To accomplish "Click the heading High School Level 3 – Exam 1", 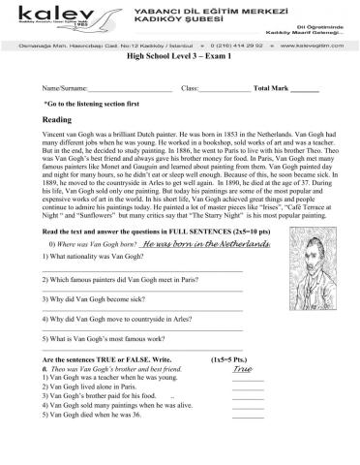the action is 179,57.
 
